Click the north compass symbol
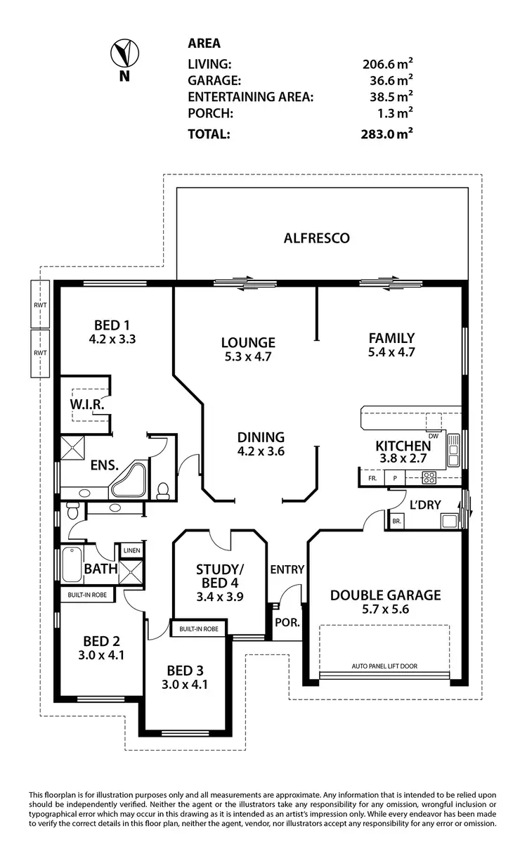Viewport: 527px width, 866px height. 124,53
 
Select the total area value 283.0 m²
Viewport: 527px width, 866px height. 385,134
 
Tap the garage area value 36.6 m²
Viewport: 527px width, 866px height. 387,80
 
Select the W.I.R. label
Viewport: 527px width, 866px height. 87,406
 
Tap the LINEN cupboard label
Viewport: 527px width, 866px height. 131,551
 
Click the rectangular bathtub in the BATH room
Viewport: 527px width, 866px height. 71,564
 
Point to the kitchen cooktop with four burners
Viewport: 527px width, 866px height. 429,478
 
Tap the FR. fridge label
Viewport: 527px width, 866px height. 372,478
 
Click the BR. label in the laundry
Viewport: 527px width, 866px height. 396,522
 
